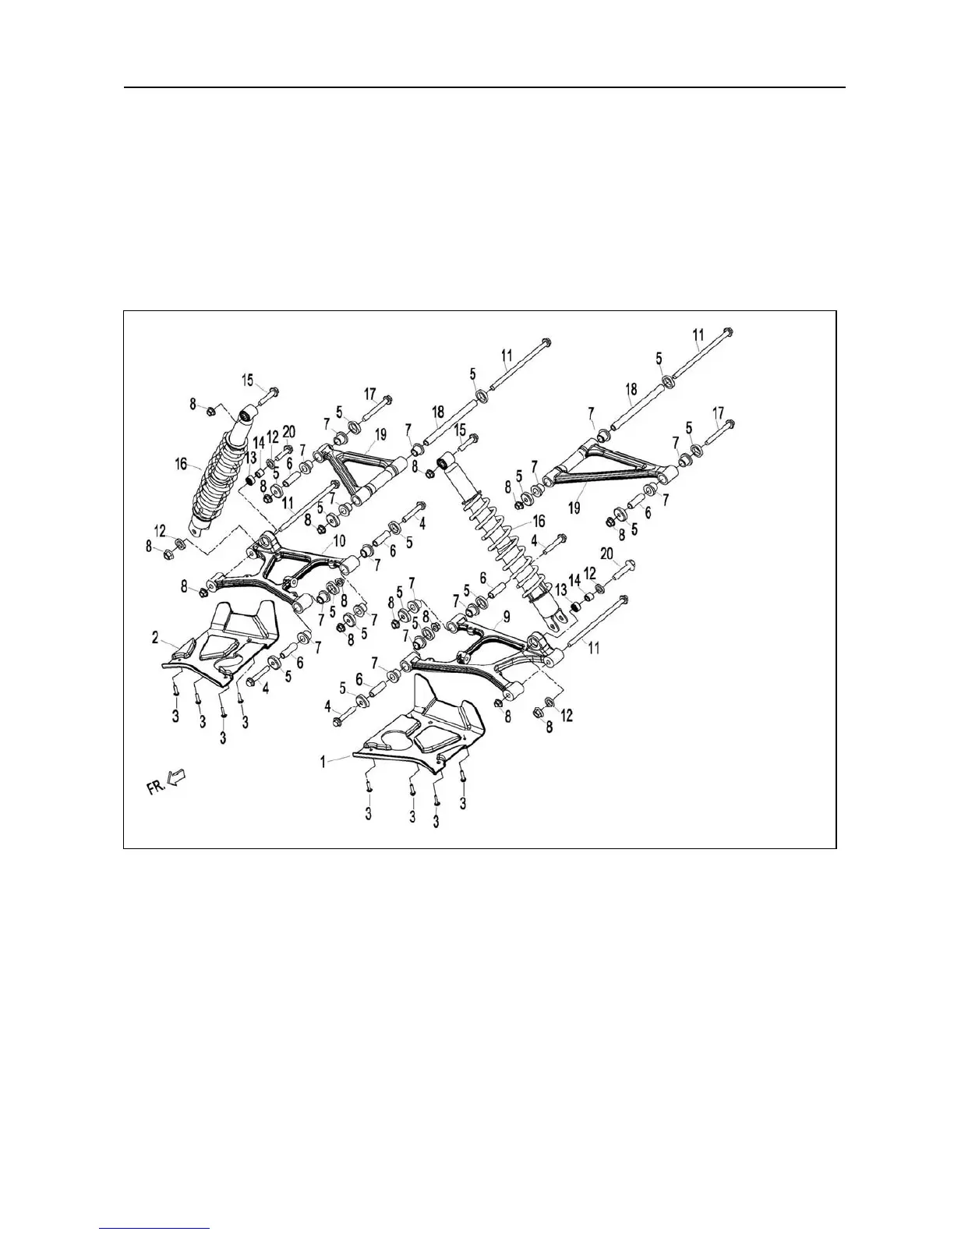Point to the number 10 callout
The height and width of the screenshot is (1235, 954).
click(338, 540)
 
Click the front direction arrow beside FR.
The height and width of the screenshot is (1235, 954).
click(178, 777)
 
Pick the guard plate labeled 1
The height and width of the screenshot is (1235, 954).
click(421, 725)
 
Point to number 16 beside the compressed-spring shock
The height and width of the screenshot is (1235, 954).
click(182, 465)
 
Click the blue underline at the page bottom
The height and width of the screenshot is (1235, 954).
click(155, 1228)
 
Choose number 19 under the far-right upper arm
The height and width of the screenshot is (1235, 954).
click(574, 507)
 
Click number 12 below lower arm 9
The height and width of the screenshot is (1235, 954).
click(567, 715)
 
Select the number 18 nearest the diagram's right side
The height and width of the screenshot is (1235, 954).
click(631, 389)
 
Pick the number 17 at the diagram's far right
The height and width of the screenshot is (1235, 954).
click(718, 412)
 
